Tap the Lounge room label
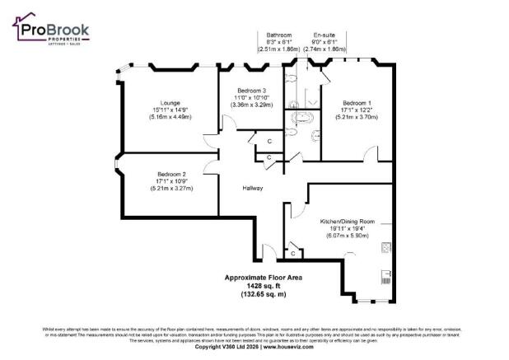tap(159, 103)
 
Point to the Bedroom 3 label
tap(252, 90)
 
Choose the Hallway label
tap(253, 189)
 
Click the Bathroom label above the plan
tap(278, 35)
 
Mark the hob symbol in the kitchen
tap(385, 247)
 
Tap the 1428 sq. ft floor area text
tap(263, 286)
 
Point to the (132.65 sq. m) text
tap(263, 293)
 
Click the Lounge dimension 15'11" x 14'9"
tap(159, 110)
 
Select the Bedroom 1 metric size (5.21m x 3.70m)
tap(357, 117)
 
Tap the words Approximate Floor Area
tap(263, 278)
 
